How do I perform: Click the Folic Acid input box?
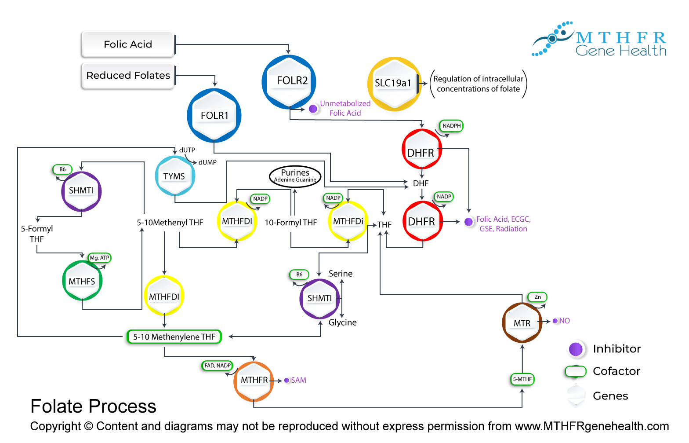[x=128, y=44]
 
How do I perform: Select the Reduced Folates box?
[x=128, y=76]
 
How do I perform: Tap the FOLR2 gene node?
[x=289, y=81]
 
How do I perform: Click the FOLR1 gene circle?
[x=214, y=116]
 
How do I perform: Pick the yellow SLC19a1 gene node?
[x=394, y=84]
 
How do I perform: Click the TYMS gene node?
[x=175, y=176]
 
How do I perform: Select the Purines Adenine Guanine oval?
[x=295, y=176]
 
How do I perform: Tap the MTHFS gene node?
[x=82, y=281]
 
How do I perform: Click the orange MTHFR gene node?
[x=254, y=381]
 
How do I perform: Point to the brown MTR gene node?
[x=522, y=323]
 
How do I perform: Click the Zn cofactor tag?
[x=537, y=297]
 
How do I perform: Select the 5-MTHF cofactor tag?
[x=522, y=379]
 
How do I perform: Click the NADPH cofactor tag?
[x=452, y=126]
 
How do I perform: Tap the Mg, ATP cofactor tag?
[x=99, y=258]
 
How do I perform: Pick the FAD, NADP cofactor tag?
[x=218, y=366]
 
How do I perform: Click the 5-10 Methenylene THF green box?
[x=174, y=337]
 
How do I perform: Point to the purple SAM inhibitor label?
[x=298, y=380]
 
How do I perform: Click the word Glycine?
[x=343, y=322]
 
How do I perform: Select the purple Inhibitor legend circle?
[x=576, y=349]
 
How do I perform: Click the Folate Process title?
[x=93, y=406]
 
